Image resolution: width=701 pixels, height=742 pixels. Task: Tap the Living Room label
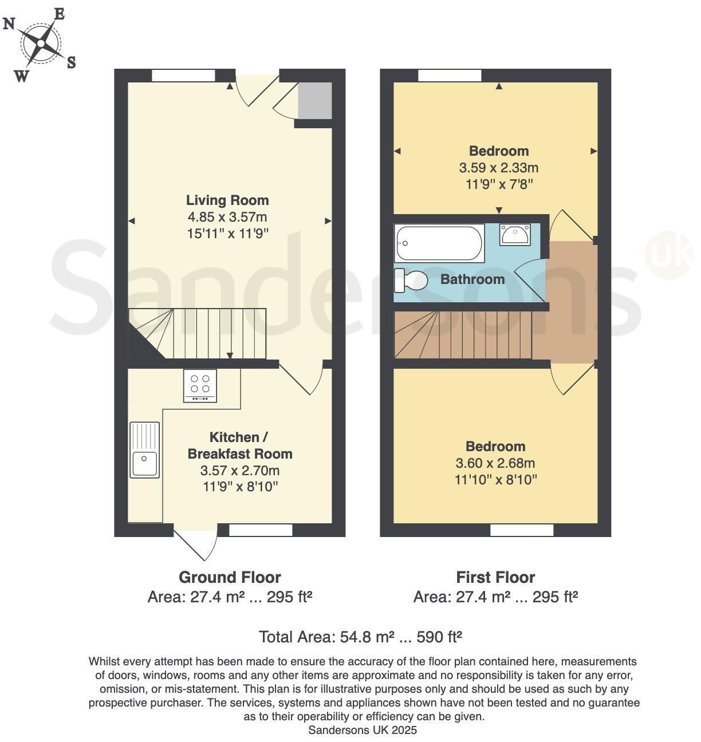(227, 200)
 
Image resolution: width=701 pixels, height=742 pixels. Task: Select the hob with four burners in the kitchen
(200, 385)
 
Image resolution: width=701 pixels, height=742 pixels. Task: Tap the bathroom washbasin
(515, 234)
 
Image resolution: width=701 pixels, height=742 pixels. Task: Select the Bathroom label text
(472, 279)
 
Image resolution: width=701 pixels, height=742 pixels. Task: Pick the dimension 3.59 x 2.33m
(499, 168)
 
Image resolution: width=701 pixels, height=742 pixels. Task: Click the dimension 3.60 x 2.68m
(495, 463)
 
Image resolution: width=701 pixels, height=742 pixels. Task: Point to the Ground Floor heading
(230, 577)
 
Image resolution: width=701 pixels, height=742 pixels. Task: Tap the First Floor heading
(495, 577)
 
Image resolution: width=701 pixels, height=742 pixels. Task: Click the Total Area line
(360, 637)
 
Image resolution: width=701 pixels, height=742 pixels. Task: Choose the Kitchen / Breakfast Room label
(240, 445)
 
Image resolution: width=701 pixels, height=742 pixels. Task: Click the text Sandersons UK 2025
(363, 730)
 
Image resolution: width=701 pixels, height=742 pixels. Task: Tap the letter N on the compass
(9, 24)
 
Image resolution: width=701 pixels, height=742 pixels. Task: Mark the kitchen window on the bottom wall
(261, 531)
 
